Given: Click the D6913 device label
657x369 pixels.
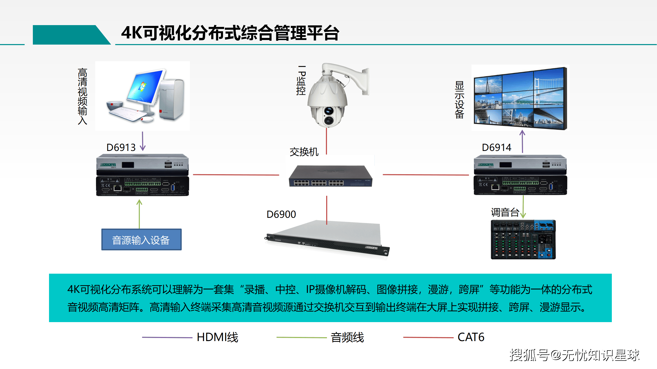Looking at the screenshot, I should [x=121, y=148].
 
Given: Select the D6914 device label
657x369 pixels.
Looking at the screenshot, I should [x=496, y=148].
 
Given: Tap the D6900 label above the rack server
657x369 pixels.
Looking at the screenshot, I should [x=281, y=214].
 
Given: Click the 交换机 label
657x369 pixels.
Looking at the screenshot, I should [x=304, y=152].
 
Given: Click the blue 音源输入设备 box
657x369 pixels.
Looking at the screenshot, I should [x=141, y=240].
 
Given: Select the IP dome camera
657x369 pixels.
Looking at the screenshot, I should [x=334, y=97].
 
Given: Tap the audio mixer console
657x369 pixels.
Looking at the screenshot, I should [x=523, y=239].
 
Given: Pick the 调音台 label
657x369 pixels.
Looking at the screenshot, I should [x=505, y=212].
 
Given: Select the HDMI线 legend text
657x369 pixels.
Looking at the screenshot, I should [x=217, y=337].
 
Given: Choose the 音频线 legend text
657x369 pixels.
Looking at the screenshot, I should [x=347, y=337].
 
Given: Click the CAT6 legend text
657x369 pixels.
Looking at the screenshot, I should [x=471, y=337].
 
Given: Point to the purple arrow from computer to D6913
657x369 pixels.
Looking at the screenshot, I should [x=143, y=141].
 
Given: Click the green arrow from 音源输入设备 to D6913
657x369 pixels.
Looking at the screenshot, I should [x=139, y=214].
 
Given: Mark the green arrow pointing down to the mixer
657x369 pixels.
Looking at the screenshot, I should [x=523, y=207].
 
